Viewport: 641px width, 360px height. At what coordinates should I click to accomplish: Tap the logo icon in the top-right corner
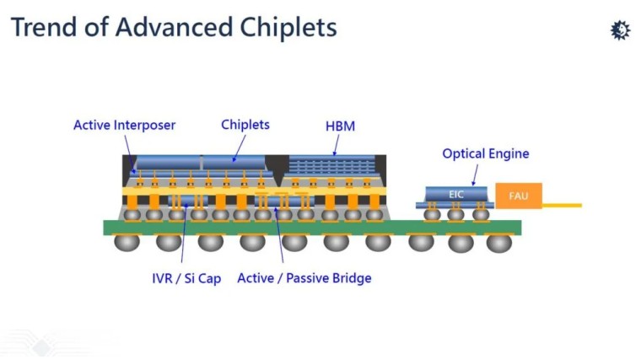click(x=620, y=30)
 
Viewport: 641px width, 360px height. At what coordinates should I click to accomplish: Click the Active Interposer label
click(x=124, y=125)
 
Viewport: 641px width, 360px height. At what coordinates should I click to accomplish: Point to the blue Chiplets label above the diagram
click(x=245, y=125)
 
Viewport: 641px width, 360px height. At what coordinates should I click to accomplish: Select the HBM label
click(x=340, y=126)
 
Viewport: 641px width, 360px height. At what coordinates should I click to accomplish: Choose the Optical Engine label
click(x=485, y=153)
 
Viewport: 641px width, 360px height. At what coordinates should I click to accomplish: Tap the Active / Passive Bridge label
click(x=304, y=278)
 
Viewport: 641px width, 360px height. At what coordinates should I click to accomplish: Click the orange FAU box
click(x=518, y=196)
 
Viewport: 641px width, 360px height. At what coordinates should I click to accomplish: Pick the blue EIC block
click(x=456, y=194)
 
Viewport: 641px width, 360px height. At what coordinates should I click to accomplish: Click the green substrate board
click(x=312, y=227)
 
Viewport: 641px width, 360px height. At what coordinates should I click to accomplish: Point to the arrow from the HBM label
click(x=337, y=144)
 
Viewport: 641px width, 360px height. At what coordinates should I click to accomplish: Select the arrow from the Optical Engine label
click(x=474, y=173)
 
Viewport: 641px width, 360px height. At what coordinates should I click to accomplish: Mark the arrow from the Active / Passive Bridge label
click(x=279, y=236)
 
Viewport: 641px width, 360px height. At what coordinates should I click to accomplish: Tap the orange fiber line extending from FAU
click(x=561, y=205)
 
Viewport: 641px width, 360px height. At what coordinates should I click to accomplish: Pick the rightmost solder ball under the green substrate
click(x=499, y=243)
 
